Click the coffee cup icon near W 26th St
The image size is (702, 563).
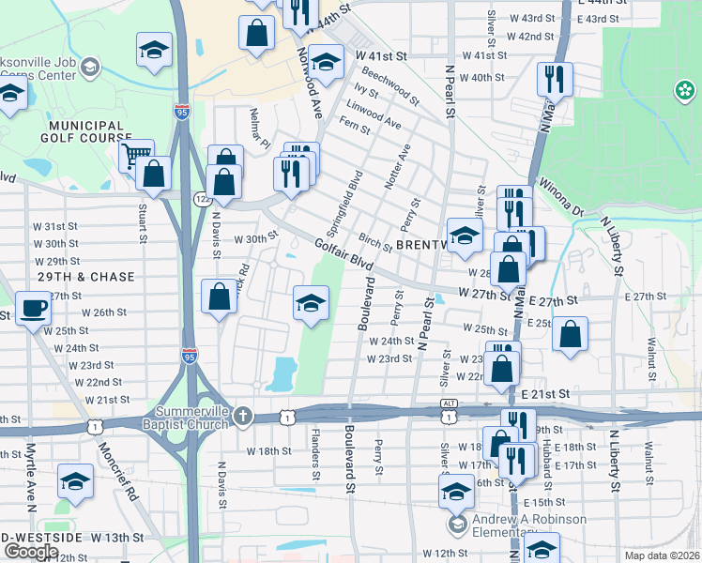(34, 308)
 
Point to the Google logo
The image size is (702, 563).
(31, 551)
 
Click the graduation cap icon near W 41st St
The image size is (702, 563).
(326, 62)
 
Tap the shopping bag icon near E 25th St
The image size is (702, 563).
(570, 334)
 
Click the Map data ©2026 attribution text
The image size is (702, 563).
(663, 555)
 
